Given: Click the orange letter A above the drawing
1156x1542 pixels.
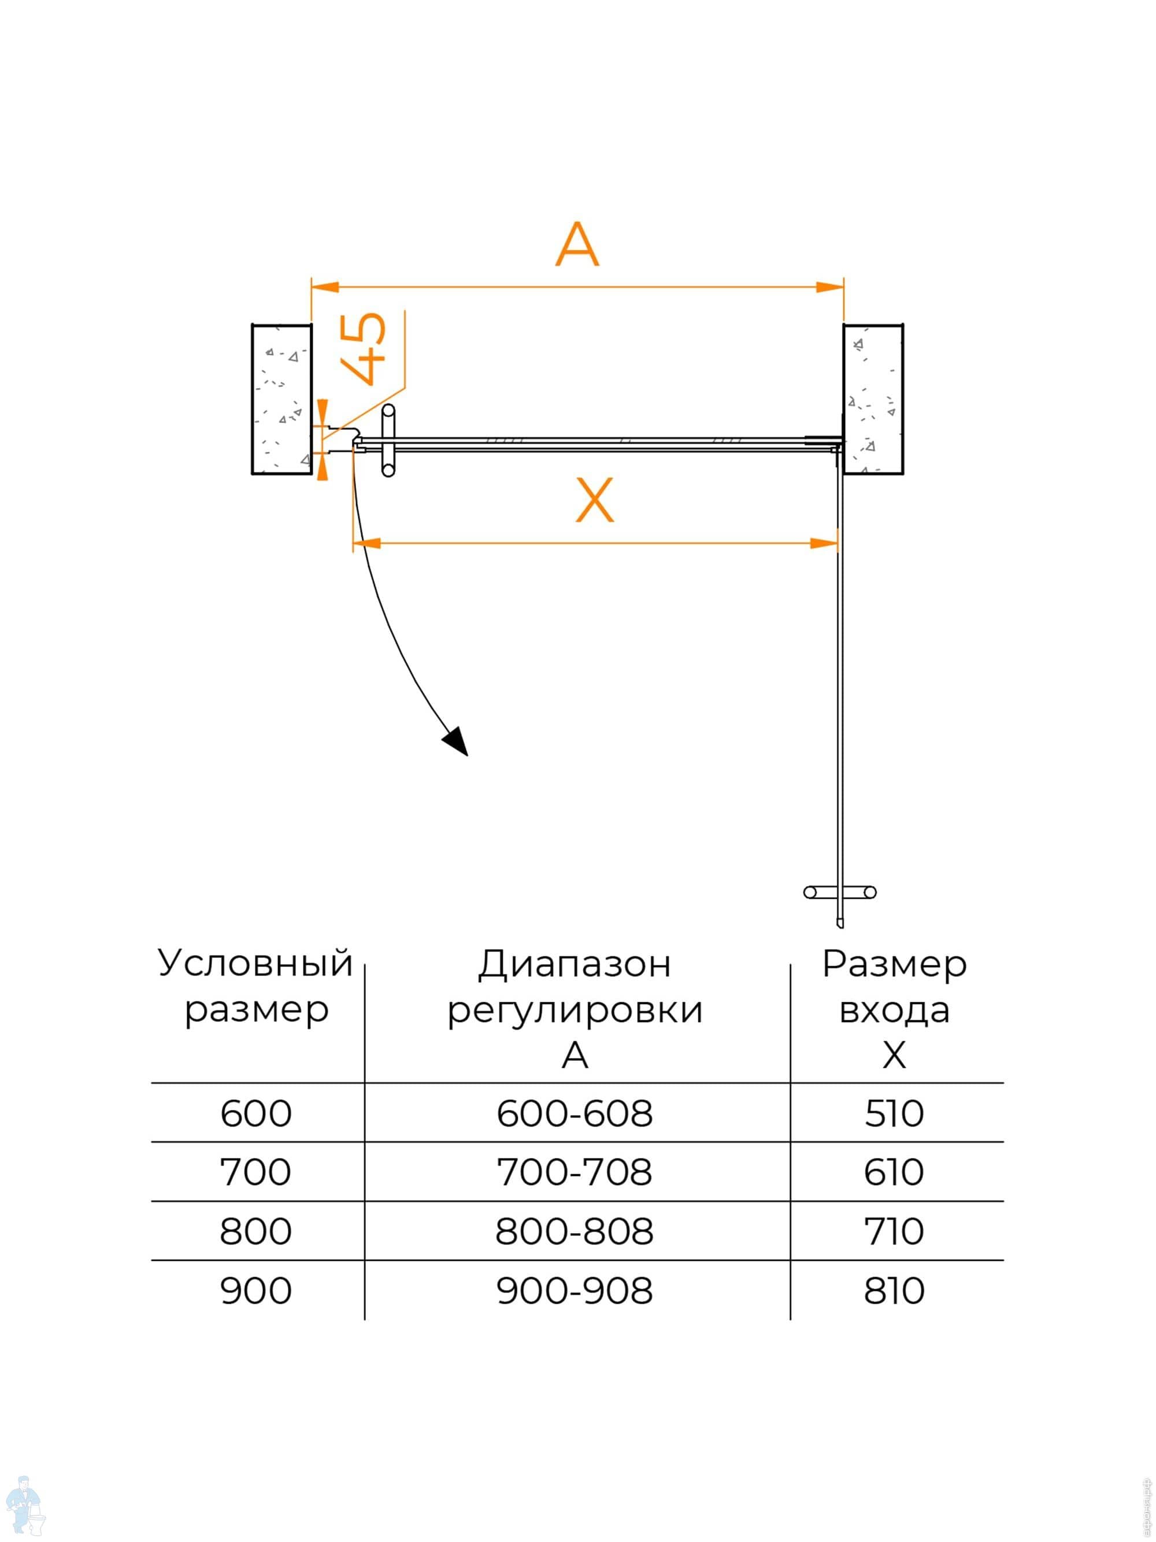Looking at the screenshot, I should [x=576, y=245].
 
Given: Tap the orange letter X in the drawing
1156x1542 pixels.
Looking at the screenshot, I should [x=594, y=500].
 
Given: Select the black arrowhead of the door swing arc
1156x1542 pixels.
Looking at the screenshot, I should [x=457, y=741].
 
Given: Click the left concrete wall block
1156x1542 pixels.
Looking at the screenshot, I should [x=281, y=399].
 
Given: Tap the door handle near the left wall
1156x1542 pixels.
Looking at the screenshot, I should [x=388, y=441].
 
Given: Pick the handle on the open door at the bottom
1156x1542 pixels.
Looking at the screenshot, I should [x=840, y=892].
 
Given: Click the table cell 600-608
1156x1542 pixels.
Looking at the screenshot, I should [x=574, y=1113].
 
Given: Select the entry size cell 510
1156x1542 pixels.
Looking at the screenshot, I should [x=894, y=1113].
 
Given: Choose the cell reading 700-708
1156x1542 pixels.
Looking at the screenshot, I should [x=574, y=1172].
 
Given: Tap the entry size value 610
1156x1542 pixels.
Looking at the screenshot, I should [x=894, y=1172].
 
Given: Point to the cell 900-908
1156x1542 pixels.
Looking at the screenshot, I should [x=574, y=1290].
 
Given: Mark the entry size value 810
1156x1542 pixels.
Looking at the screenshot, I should [x=894, y=1290].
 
